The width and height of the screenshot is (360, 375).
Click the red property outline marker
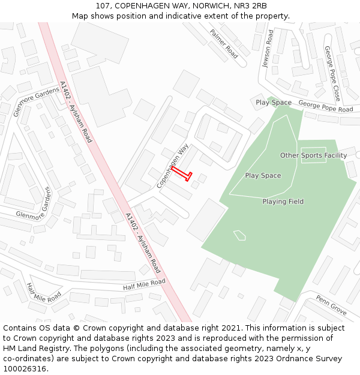click(x=182, y=173)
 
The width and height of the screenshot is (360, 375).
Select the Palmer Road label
click(x=224, y=44)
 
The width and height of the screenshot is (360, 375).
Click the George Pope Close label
click(x=332, y=73)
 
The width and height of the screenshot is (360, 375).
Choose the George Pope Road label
click(x=326, y=106)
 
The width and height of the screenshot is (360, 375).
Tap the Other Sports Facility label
click(x=313, y=155)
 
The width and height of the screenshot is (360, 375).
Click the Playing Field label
click(x=283, y=202)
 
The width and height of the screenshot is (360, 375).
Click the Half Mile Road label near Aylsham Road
click(x=144, y=285)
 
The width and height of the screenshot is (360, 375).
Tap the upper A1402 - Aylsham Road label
click(x=76, y=112)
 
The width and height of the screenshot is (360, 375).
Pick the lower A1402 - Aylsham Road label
click(x=143, y=243)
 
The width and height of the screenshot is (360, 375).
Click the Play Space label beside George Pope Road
click(x=274, y=103)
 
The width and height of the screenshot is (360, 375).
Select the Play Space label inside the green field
click(x=263, y=175)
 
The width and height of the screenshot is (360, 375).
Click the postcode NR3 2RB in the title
click(x=247, y=6)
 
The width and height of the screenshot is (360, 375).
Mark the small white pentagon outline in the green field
click(x=239, y=235)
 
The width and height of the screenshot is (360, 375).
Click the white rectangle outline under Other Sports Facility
click(x=313, y=156)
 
